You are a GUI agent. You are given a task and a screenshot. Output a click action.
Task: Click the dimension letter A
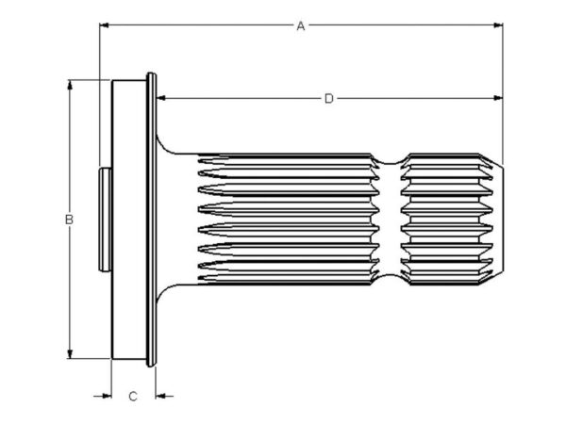(x=300, y=26)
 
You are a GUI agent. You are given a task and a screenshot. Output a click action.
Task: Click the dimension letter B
(x=69, y=220)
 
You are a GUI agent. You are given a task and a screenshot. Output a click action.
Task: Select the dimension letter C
(x=133, y=397)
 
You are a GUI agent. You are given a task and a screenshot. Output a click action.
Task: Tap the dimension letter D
(x=329, y=98)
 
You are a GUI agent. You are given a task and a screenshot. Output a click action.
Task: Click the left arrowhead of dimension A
(x=104, y=25)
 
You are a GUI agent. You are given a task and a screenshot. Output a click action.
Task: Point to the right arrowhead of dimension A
(x=498, y=25)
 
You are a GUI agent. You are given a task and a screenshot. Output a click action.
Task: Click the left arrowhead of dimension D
(x=161, y=98)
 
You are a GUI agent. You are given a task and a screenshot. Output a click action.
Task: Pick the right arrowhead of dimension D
(x=498, y=98)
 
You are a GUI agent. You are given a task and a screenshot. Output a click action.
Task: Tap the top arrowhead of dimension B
(x=70, y=85)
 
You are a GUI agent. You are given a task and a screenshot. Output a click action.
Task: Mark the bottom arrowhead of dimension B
(x=70, y=354)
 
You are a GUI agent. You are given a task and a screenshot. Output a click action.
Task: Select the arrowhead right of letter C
(x=160, y=396)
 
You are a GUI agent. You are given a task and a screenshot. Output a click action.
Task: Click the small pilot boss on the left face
(x=105, y=220)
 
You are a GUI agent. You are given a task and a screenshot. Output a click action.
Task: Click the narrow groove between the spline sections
(x=390, y=220)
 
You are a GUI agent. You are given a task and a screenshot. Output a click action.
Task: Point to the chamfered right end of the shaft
(x=498, y=220)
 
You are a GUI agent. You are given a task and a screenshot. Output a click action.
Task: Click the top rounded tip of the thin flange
(x=151, y=75)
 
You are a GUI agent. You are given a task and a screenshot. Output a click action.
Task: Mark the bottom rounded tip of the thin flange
(x=151, y=364)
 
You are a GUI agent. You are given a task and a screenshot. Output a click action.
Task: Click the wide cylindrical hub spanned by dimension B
(x=129, y=220)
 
